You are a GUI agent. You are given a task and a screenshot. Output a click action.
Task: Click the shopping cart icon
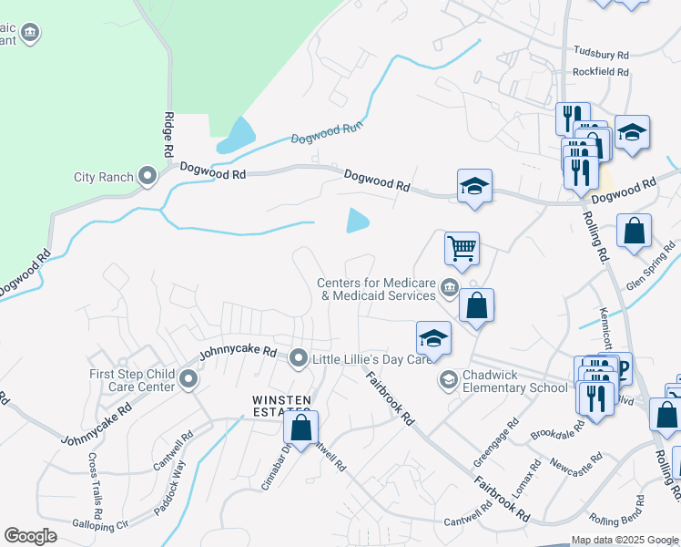(x=462, y=247)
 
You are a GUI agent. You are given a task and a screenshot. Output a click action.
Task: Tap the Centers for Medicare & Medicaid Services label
(x=376, y=289)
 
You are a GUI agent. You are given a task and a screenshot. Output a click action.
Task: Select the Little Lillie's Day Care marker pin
(x=299, y=358)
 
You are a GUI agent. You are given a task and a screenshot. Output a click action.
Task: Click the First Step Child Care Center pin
(x=188, y=377)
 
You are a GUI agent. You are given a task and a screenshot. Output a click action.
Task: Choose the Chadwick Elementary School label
(x=514, y=381)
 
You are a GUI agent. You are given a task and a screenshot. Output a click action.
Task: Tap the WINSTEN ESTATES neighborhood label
(x=282, y=406)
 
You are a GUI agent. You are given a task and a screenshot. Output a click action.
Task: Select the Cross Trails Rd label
(x=95, y=480)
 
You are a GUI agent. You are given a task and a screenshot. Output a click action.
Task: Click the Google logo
(x=30, y=536)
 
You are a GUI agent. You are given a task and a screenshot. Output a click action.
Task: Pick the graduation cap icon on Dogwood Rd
(x=474, y=187)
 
